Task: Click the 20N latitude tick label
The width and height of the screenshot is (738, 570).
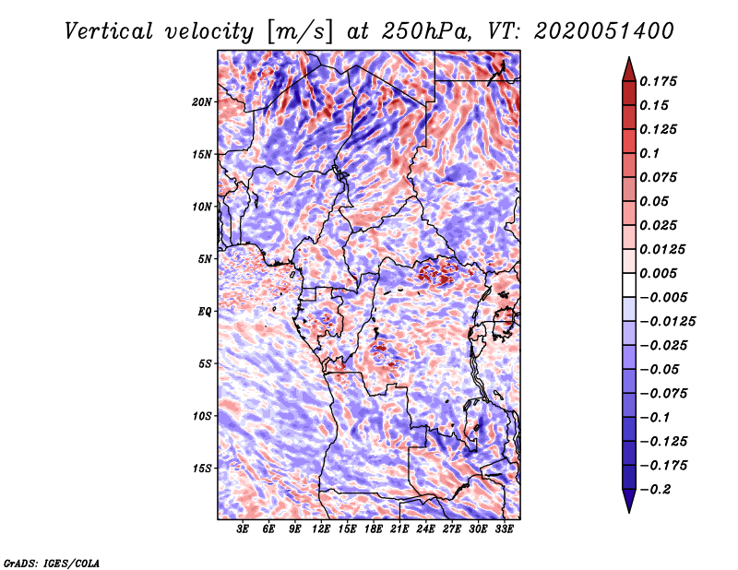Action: click(201, 101)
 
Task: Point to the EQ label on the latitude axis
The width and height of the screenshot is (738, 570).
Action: click(205, 312)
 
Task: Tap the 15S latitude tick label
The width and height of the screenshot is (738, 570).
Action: click(201, 469)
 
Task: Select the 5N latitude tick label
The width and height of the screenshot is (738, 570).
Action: click(205, 259)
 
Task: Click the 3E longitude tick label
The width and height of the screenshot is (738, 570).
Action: click(243, 529)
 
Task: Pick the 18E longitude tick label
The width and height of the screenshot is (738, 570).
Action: click(374, 529)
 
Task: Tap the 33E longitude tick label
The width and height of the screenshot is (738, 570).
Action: click(504, 529)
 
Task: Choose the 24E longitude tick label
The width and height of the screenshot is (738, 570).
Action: click(425, 529)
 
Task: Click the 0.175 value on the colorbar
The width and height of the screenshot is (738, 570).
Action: click(658, 81)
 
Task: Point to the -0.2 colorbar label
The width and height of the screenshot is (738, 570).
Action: click(655, 490)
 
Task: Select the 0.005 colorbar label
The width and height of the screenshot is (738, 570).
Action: click(658, 273)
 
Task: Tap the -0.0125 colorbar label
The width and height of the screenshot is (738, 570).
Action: click(667, 322)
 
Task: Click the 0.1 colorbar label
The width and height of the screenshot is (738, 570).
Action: click(649, 153)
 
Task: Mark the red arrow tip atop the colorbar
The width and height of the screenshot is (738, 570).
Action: click(629, 58)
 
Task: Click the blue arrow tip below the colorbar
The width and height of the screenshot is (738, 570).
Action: click(629, 512)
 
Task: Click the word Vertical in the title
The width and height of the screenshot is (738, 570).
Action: click(109, 31)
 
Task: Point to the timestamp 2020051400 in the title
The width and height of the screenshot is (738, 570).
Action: click(604, 31)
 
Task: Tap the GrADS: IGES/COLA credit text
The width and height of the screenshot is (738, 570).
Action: click(52, 563)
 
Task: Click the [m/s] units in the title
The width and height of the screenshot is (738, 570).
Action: click(300, 31)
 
